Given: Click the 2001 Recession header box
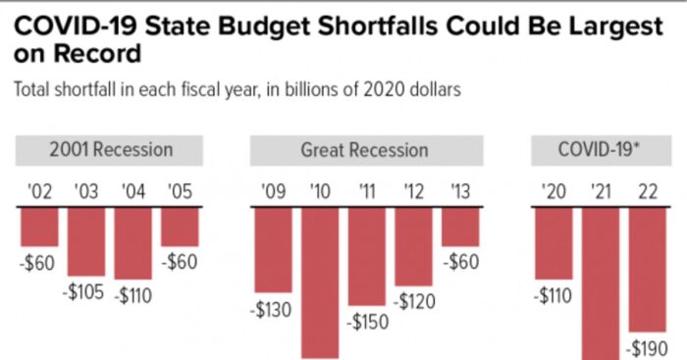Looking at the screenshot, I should point(110,150).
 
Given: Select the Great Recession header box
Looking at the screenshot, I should point(365,150).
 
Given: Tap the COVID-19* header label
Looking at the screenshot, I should point(600,150).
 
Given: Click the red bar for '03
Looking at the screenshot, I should point(86,242).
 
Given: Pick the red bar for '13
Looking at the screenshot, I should point(460,227).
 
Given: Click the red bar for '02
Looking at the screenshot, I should point(39,227).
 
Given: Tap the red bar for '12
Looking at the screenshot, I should point(413,246).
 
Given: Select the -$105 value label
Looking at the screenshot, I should point(85,292).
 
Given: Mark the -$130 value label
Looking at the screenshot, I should point(272,309).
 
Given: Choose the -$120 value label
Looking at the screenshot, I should point(414,301).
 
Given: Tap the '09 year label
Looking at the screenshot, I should point(273,191).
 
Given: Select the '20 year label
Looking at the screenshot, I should point(553,191).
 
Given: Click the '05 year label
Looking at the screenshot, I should point(180,191).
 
